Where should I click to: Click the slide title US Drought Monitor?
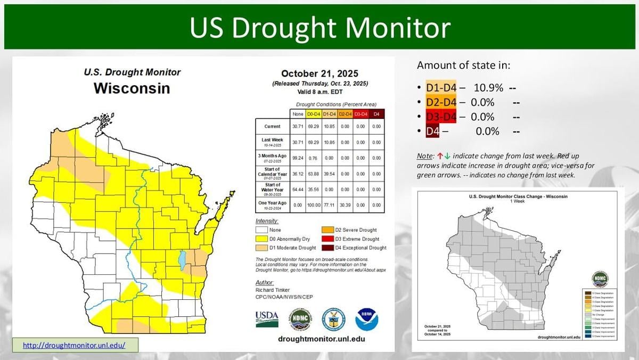(x=319, y=27)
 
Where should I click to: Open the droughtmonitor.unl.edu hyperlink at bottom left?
(x=74, y=345)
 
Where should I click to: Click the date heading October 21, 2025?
(x=319, y=73)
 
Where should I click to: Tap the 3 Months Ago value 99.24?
(x=297, y=158)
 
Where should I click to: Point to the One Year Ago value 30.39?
(x=345, y=204)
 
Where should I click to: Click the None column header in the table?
(x=297, y=114)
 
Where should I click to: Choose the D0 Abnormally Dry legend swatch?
(x=261, y=239)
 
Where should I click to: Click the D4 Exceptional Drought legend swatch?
(x=326, y=248)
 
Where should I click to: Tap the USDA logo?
(x=267, y=319)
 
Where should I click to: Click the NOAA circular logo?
(x=367, y=319)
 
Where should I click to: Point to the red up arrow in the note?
(x=440, y=156)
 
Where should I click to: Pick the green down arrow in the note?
(x=447, y=156)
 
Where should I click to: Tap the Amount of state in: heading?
(x=463, y=66)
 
